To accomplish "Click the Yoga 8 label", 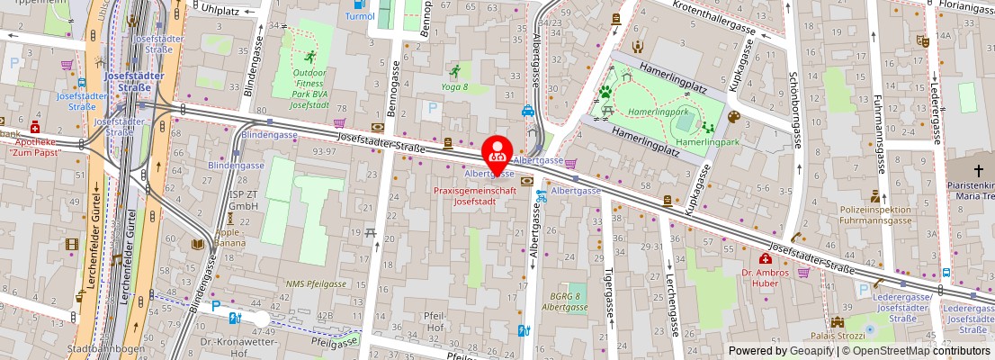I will [453, 86].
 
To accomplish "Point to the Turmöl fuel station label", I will [360, 16].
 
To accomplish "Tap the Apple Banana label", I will [229, 238].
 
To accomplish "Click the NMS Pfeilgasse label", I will [315, 283].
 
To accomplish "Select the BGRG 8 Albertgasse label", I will [564, 301].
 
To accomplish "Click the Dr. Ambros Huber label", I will [765, 278].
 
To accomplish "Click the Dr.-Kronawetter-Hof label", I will [229, 347].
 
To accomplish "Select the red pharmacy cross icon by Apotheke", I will [35, 127].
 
